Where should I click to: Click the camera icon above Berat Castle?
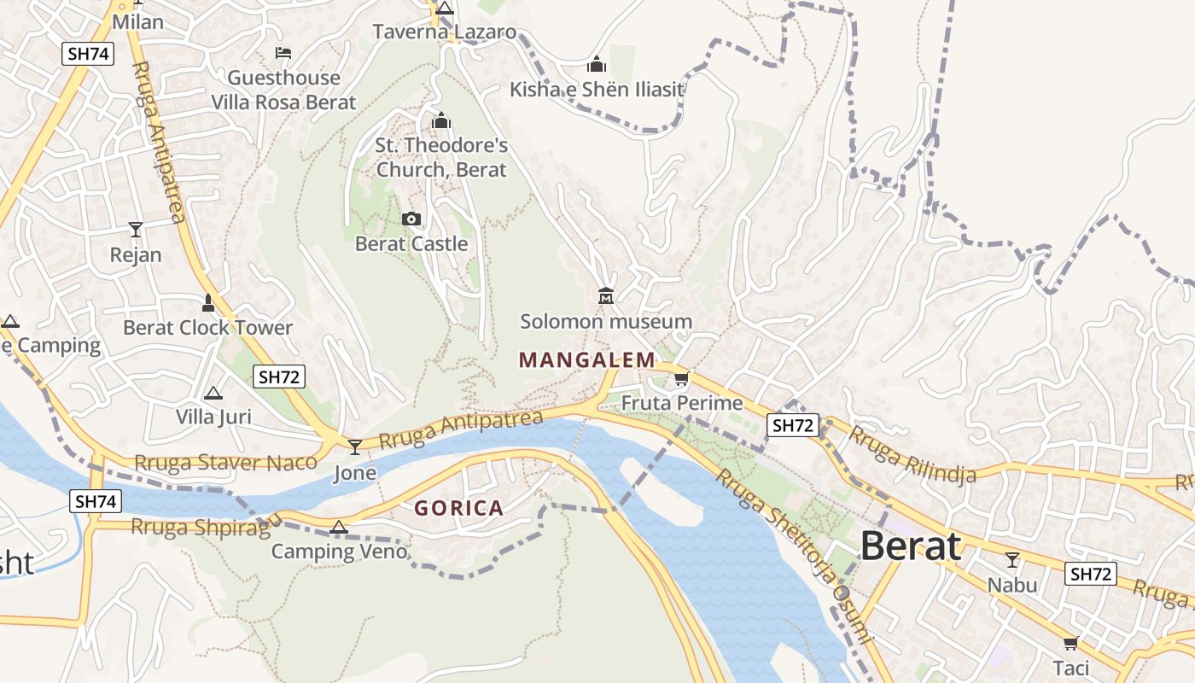tap(411, 219)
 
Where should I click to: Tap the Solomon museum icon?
tap(606, 296)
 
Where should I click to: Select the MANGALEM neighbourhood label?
tap(587, 360)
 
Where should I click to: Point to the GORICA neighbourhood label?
tap(459, 509)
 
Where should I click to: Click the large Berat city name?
tap(911, 546)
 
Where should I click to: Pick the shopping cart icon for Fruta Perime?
tap(681, 378)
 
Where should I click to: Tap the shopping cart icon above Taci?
tap(1070, 643)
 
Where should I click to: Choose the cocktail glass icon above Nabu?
tap(1012, 560)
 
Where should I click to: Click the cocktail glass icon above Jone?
tap(355, 447)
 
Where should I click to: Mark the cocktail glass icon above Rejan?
tap(136, 229)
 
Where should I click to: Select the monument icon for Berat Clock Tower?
tap(207, 302)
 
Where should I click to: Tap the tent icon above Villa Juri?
tap(213, 393)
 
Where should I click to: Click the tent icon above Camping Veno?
tap(339, 527)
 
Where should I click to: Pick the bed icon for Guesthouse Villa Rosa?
tap(283, 53)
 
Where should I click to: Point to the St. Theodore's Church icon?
tap(441, 120)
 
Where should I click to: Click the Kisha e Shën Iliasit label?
tap(597, 89)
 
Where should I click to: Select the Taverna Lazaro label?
tap(445, 32)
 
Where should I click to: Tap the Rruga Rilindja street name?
tap(912, 456)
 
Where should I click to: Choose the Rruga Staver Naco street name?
tap(226, 464)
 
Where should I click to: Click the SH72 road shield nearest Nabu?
tap(1090, 574)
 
